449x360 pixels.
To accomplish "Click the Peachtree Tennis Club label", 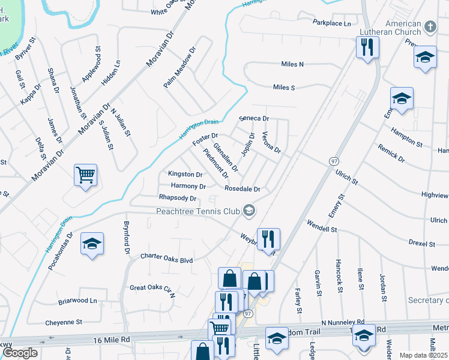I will pyautogui.click(x=197, y=211).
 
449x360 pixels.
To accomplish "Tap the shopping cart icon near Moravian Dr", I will pyautogui.click(x=85, y=175).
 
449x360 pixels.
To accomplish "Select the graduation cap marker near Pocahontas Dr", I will pyautogui.click(x=92, y=244).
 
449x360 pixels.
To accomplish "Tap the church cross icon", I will pyautogui.click(x=430, y=26).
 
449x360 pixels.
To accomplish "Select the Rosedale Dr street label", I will pyautogui.click(x=242, y=189).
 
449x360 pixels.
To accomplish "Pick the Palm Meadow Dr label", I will pyautogui.click(x=180, y=68).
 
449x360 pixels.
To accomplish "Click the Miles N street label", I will pyautogui.click(x=292, y=64).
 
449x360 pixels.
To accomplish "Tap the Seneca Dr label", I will pyautogui.click(x=254, y=119).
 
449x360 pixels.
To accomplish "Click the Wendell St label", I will pyautogui.click(x=322, y=228).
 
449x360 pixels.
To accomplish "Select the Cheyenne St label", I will pyautogui.click(x=64, y=322).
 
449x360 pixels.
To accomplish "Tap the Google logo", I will pyautogui.click(x=20, y=353).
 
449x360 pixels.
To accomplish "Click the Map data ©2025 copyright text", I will pyautogui.click(x=423, y=355).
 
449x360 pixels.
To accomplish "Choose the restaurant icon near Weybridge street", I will pyautogui.click(x=268, y=238).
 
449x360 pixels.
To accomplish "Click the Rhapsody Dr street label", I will pyautogui.click(x=178, y=198).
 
